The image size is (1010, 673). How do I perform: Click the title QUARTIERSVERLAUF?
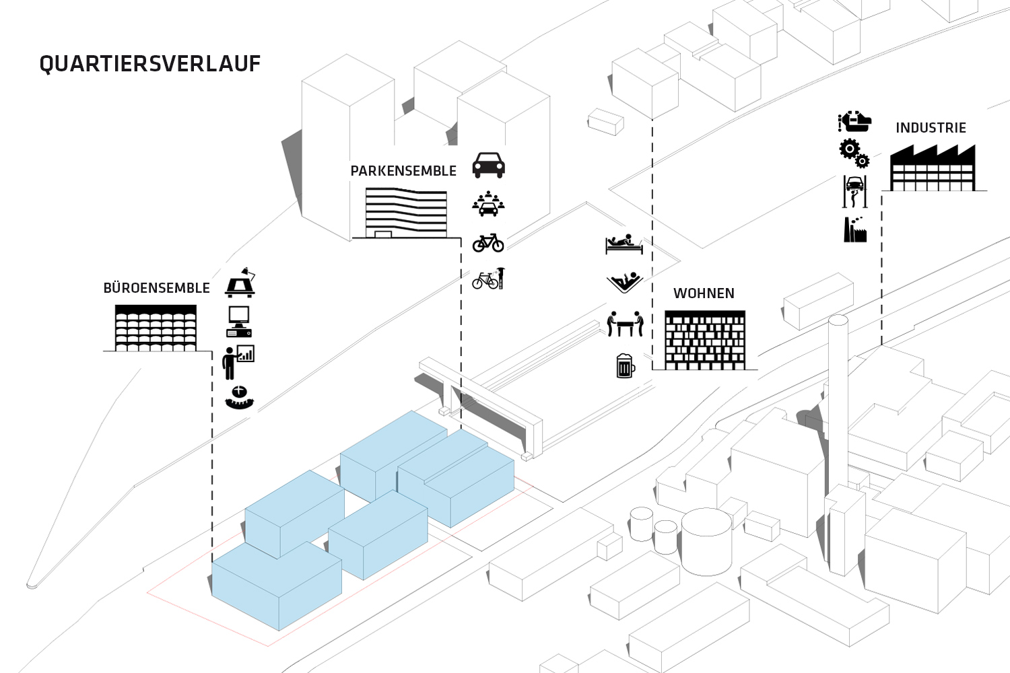point(149,64)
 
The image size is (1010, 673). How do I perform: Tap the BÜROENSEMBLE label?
point(156,288)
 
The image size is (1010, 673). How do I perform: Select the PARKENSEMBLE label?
point(403,171)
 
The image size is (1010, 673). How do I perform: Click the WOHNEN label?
point(704,293)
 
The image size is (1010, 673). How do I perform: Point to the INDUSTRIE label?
point(931,128)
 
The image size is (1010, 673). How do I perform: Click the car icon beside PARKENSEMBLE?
point(488,164)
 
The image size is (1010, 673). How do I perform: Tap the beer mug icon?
point(626,365)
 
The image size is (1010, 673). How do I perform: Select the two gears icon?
point(854,153)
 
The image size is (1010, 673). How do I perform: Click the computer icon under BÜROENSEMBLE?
point(239,321)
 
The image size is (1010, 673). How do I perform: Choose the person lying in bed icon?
point(624,244)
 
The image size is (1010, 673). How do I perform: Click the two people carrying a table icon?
point(625,324)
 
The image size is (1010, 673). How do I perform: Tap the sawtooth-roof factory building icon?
point(932,168)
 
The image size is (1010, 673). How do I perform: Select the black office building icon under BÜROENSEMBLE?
point(156,328)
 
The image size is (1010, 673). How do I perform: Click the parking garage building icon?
point(406,213)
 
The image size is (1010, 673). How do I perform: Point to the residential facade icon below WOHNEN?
point(705,340)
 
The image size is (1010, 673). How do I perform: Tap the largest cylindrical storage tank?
point(706,539)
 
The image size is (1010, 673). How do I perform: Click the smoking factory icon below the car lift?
point(854,229)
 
